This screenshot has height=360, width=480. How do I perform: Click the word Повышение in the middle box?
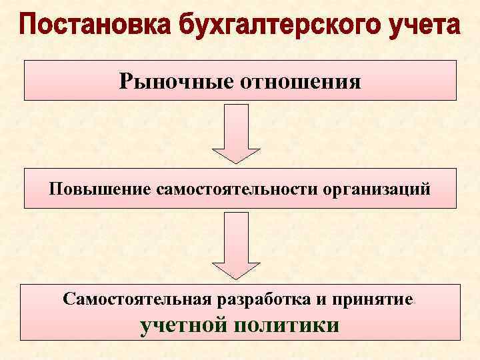[x=101, y=189]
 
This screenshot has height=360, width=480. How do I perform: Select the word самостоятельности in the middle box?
[x=238, y=189]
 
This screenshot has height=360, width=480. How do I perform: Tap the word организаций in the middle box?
[x=377, y=189]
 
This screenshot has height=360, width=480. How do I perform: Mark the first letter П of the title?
[x=30, y=27]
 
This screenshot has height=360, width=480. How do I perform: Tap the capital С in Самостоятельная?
[x=69, y=299]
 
